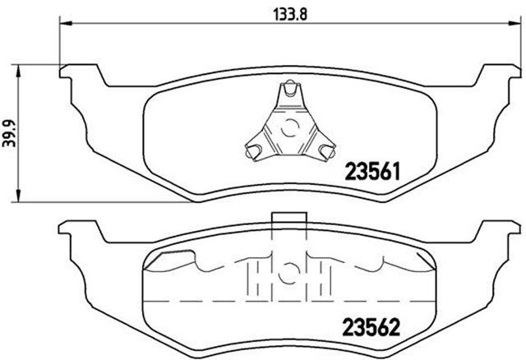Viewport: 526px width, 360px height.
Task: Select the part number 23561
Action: (x=371, y=172)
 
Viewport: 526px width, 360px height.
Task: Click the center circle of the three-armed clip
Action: (x=289, y=128)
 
